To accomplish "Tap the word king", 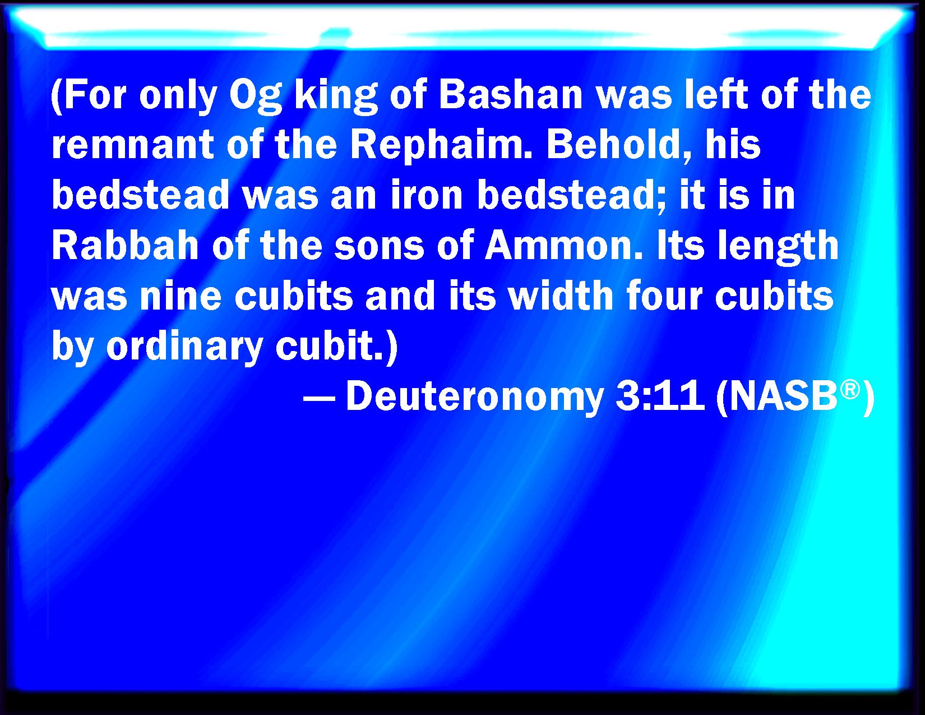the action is [x=336, y=95].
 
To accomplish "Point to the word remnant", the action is [x=132, y=144].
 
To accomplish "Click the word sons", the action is [x=380, y=247].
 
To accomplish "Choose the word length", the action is [x=778, y=246].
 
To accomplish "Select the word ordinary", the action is [x=184, y=348].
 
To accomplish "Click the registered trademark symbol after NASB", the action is [x=850, y=389].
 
